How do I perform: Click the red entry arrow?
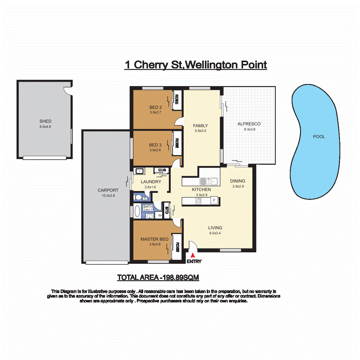(x=193, y=255)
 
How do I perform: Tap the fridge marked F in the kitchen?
(x=214, y=200)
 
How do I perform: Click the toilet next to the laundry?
(x=138, y=197)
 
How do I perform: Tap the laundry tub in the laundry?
(x=139, y=172)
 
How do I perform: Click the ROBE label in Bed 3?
(x=176, y=143)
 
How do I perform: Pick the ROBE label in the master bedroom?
(x=176, y=247)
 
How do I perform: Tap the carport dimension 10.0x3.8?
(x=108, y=196)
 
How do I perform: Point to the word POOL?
(x=319, y=137)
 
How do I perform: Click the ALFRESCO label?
(x=249, y=124)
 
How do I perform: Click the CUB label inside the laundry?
(x=161, y=170)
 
